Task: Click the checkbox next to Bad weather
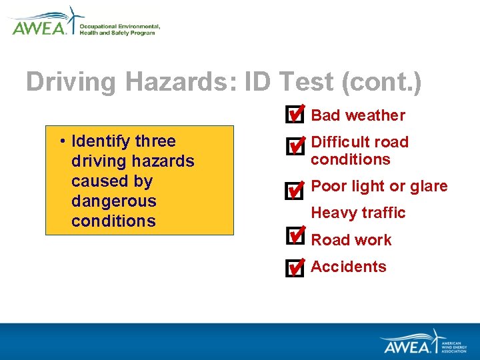293,115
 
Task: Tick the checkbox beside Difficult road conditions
293,146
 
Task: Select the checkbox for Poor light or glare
293,191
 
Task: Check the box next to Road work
293,236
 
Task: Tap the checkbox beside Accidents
293,268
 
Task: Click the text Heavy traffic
358,213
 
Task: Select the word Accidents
349,267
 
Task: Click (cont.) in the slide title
381,82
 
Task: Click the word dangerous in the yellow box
113,201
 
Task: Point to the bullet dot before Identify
61,141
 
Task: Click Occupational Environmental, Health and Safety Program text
119,29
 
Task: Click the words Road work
351,240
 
